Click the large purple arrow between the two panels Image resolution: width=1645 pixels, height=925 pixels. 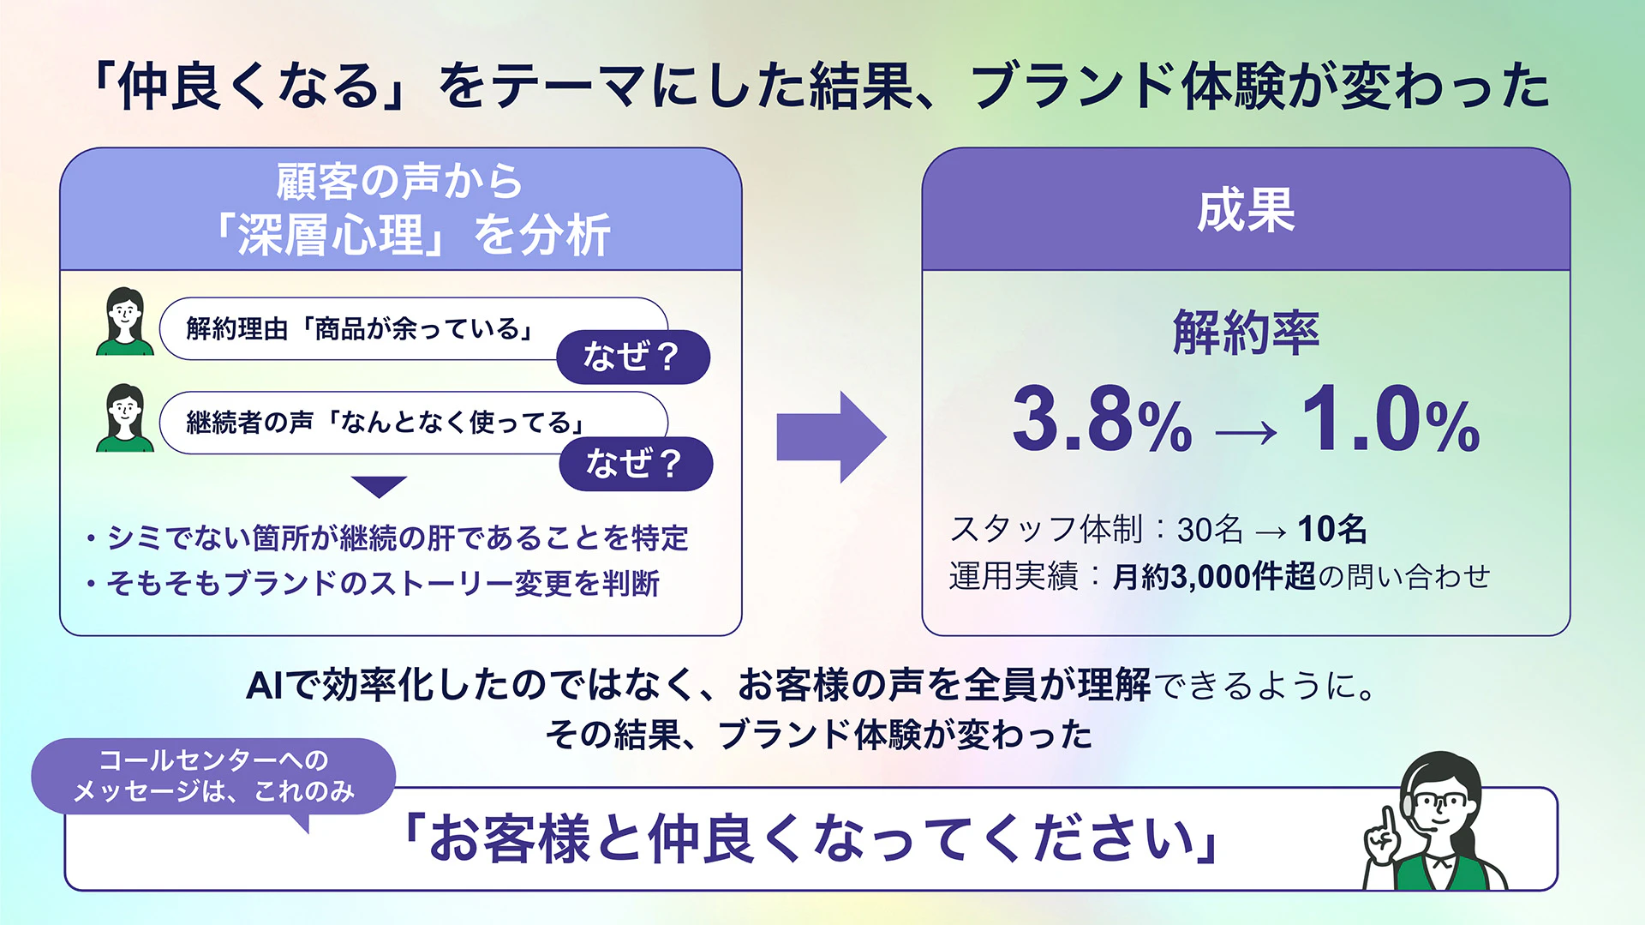831,437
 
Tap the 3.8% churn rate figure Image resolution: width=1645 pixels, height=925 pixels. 1103,419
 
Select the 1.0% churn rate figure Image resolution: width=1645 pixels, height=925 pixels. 1391,419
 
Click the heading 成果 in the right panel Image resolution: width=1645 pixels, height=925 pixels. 1246,211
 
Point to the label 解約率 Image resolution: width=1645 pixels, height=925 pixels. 1246,333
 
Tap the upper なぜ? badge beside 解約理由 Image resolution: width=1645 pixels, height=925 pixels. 633,357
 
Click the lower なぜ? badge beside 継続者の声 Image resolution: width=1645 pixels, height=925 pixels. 636,464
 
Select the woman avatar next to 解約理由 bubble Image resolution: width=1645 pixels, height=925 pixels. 125,321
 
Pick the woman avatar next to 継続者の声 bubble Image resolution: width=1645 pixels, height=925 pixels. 125,418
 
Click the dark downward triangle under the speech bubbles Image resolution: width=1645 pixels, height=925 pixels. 379,485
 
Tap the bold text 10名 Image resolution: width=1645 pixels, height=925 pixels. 1332,530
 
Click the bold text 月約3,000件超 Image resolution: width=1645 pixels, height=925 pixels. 1213,577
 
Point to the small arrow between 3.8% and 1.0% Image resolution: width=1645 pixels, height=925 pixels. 1247,433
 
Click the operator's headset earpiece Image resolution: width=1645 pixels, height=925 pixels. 1409,805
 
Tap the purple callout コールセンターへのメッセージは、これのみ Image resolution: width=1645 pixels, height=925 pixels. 213,777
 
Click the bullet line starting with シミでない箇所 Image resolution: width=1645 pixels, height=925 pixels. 388,538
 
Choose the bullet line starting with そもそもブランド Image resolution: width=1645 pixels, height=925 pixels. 374,584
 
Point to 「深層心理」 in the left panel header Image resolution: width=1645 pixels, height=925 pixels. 331,235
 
